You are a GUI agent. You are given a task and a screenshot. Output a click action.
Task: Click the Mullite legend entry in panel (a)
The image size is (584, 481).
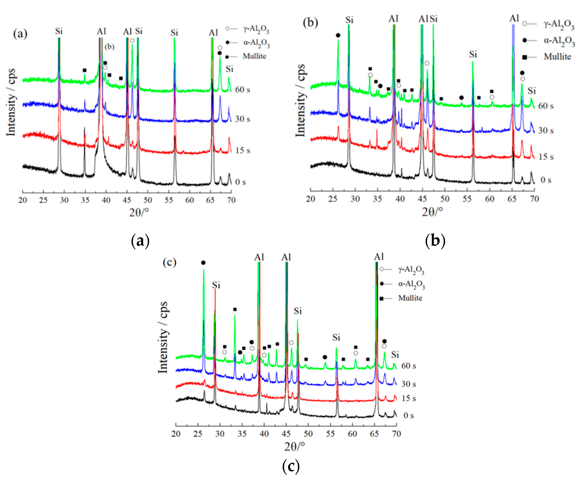coord(254,56)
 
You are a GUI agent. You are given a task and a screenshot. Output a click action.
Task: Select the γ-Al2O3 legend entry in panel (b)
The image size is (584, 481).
coord(559,24)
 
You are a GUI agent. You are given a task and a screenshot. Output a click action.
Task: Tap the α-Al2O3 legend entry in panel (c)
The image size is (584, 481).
coord(411,284)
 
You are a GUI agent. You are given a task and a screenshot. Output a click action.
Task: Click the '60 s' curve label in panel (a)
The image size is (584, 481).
coord(243,90)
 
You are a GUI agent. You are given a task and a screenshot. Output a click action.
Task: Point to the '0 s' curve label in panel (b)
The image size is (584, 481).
coord(546,180)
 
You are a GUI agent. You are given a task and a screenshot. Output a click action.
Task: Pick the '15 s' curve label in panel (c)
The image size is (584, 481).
coord(409,398)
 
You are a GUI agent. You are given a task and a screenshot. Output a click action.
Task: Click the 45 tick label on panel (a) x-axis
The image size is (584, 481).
coord(127,200)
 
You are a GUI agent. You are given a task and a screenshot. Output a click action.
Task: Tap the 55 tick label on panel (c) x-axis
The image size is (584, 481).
coord(330,434)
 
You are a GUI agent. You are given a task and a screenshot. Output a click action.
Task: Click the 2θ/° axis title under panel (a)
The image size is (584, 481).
coord(139,212)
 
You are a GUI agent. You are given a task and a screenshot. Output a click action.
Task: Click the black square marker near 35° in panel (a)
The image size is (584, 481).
coord(85,70)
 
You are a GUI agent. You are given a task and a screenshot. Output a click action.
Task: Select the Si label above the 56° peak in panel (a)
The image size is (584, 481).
coord(174,33)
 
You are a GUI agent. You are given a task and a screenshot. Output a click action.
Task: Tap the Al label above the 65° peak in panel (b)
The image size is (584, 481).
coord(514,19)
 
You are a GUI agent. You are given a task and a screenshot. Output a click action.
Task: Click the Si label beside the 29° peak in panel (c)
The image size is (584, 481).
coord(216,285)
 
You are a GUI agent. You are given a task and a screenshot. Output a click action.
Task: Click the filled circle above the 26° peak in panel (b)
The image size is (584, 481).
coord(338,35)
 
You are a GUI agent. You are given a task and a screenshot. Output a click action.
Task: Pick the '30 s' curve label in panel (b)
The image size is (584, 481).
coord(546,130)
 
